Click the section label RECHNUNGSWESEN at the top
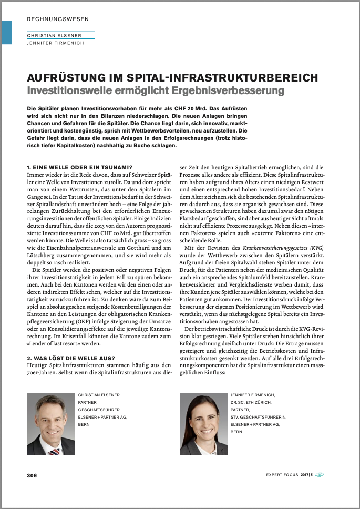pyautogui.click(x=58, y=19)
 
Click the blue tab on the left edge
pyautogui.click(x=6, y=32)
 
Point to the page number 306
pyautogui.click(x=32, y=475)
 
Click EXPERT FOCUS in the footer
pyautogui.click(x=282, y=475)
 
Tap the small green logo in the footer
pyautogui.click(x=320, y=475)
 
